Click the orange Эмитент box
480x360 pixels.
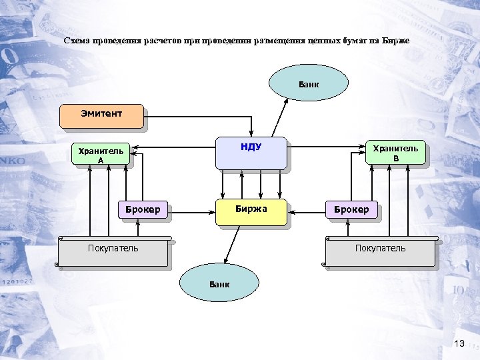click(101, 115)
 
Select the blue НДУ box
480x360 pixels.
click(251, 153)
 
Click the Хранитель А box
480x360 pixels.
click(101, 155)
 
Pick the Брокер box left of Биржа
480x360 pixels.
click(143, 210)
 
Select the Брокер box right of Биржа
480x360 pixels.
click(351, 210)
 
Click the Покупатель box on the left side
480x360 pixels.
click(113, 251)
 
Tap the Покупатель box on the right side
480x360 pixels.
click(380, 251)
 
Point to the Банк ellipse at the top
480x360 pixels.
click(309, 84)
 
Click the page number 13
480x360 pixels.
click(458, 343)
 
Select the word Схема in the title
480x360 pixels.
click(77, 41)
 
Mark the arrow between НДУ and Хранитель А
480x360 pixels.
click(173, 147)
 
